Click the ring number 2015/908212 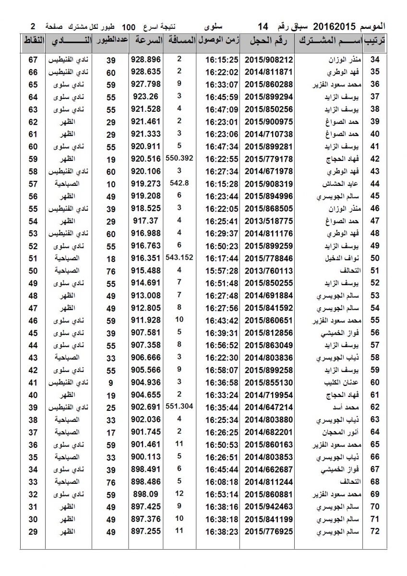(x=269, y=60)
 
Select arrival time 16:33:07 (x=222, y=84)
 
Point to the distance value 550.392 (x=179, y=157)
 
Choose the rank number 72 (x=375, y=531)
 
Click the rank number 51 (x=375, y=270)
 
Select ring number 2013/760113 (x=269, y=270)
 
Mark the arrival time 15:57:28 (x=222, y=270)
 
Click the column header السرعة (x=146, y=40)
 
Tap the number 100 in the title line (x=131, y=26)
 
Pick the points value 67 (x=33, y=60)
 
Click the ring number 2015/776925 (x=269, y=531)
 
